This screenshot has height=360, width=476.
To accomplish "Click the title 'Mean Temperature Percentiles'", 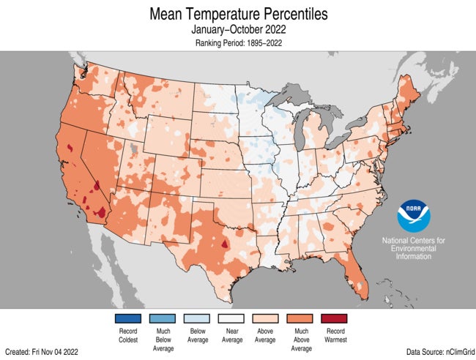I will coord(238,14).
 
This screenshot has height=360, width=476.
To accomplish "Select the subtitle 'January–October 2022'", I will coord(238,30).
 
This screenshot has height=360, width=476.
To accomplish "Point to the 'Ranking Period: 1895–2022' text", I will coord(238,43).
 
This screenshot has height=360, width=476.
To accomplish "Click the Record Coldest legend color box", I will coord(127,318).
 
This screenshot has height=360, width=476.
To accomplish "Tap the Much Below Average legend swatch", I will coord(163,318).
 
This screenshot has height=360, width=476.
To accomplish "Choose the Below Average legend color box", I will coord(199,318).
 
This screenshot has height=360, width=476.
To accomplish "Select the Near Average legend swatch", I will coord(235,318).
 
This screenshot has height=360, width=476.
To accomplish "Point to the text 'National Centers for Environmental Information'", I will coord(412,249).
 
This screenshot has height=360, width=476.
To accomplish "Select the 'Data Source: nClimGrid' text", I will coord(435,352).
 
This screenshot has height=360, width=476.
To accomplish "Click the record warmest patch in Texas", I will coord(225,245).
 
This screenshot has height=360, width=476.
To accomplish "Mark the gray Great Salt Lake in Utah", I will coord(133,149).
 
